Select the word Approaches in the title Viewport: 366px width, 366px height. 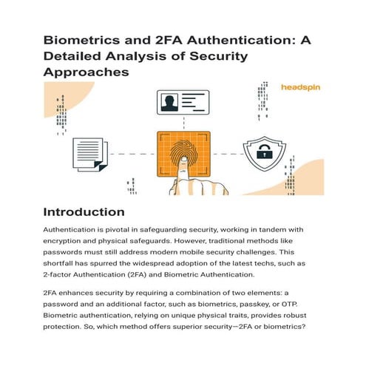[x=86, y=72]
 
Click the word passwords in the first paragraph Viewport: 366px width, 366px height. [x=70, y=254]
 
